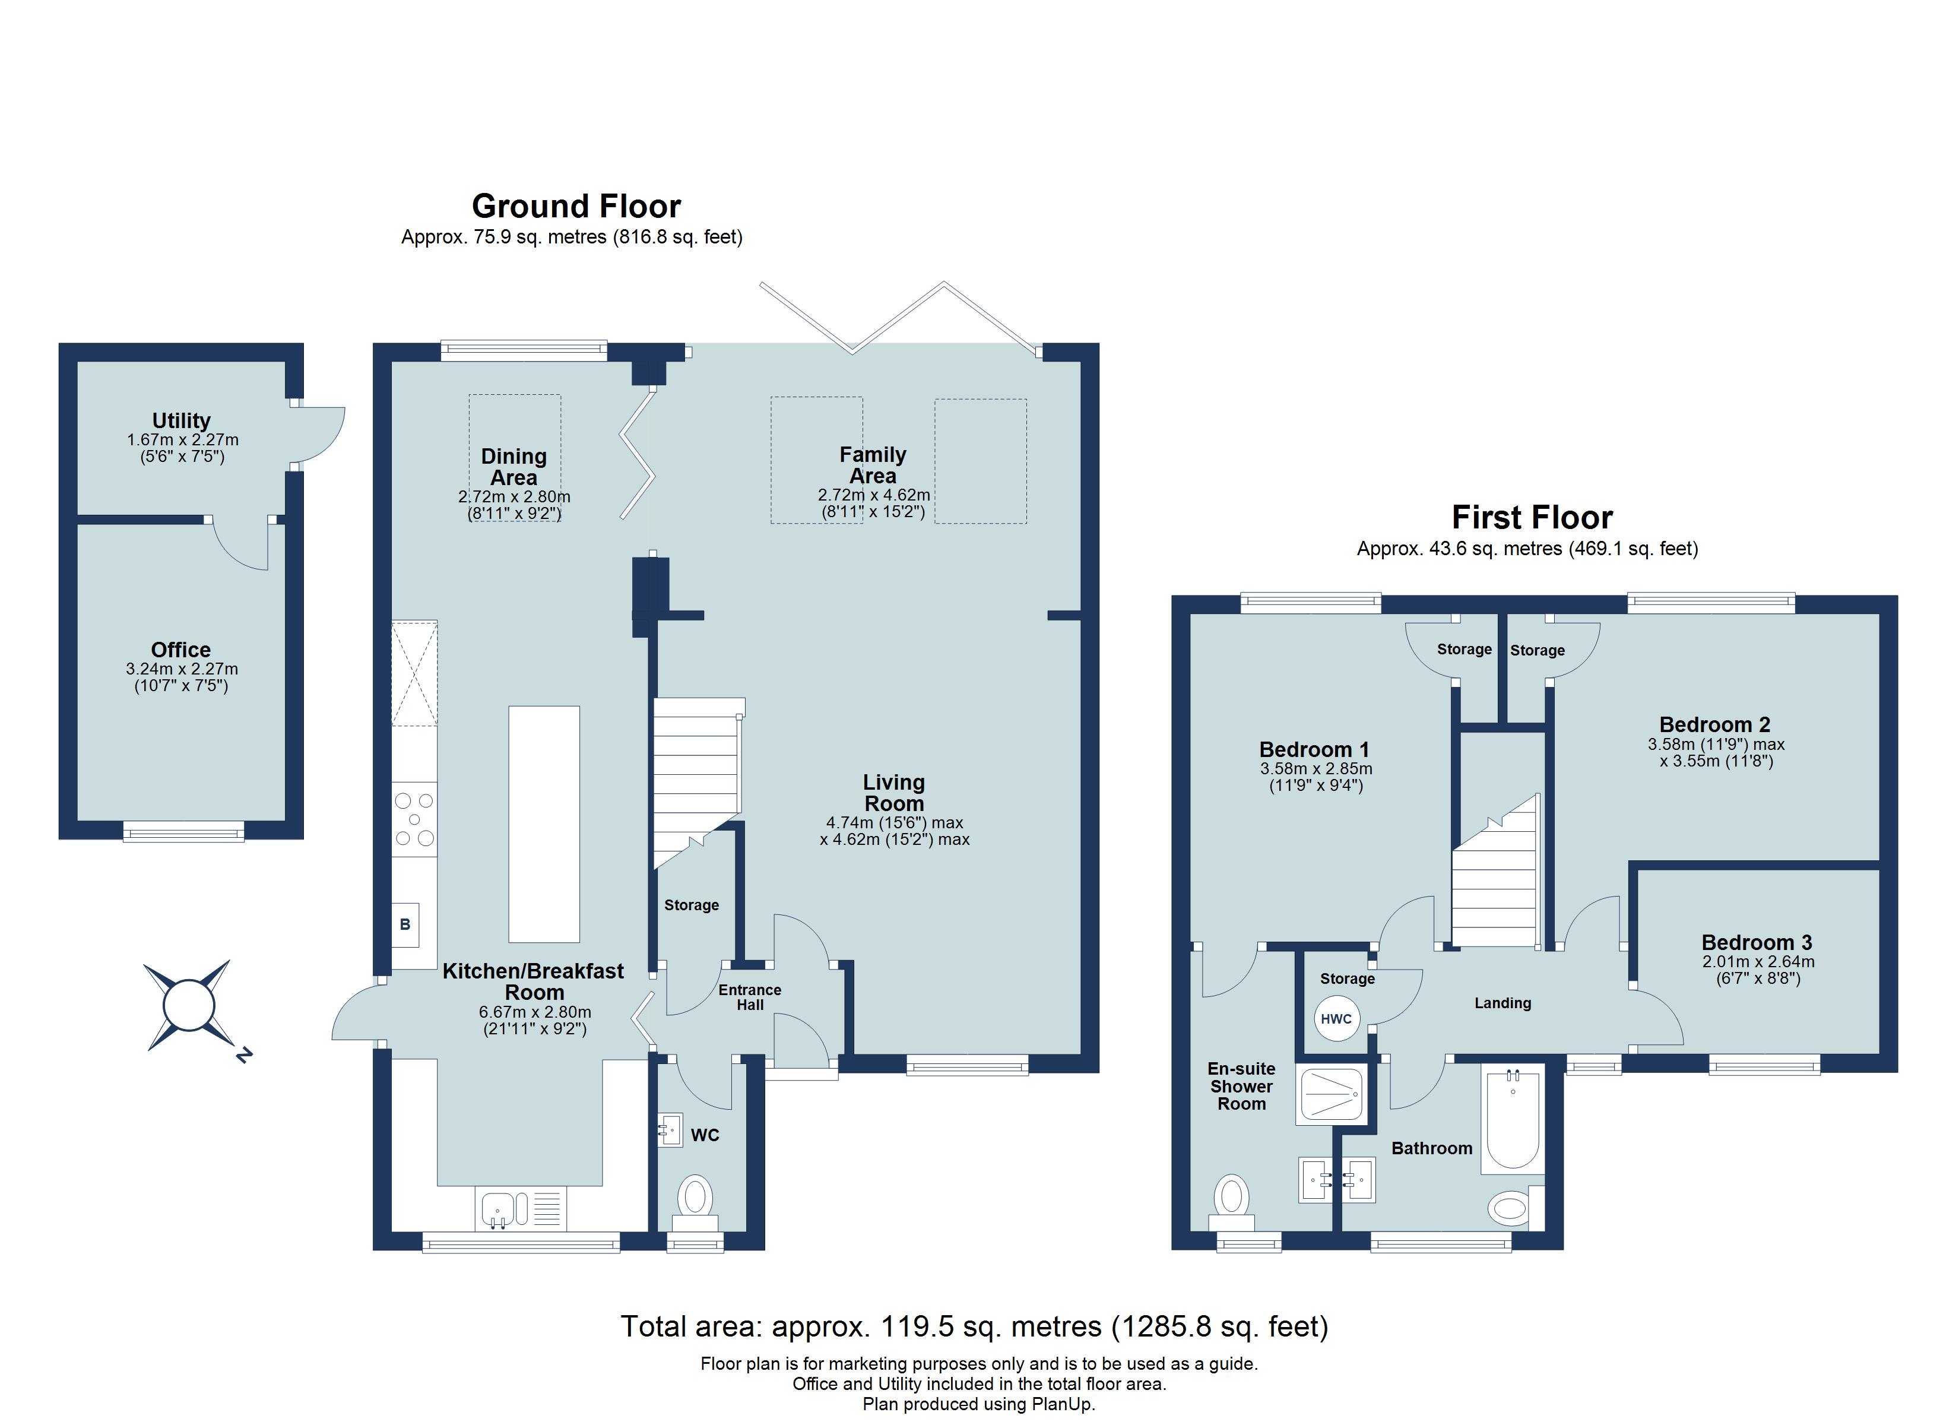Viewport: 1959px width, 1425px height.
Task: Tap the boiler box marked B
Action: point(405,924)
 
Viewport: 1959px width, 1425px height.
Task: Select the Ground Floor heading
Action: point(576,207)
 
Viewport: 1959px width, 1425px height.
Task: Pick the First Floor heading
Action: point(1532,518)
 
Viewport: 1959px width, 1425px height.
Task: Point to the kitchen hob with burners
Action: point(414,819)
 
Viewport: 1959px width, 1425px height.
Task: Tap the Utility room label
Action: point(182,421)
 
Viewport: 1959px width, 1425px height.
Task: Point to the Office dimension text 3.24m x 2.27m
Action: point(182,669)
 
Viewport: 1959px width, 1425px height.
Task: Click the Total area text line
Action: point(974,1326)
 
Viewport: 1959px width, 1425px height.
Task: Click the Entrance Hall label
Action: point(750,997)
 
